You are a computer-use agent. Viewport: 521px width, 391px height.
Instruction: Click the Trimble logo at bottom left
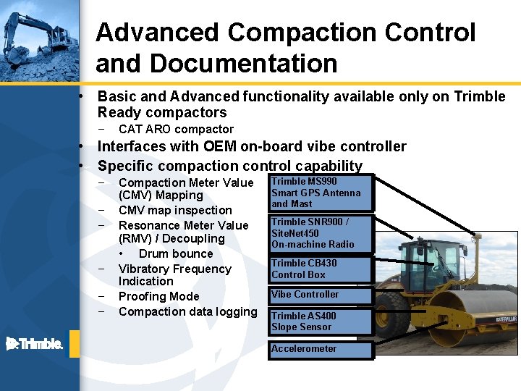tap(34, 343)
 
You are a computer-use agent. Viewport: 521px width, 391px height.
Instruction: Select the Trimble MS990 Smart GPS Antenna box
tap(321, 193)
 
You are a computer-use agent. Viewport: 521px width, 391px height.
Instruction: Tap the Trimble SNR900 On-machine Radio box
tap(321, 233)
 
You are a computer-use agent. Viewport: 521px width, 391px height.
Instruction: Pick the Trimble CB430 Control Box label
tap(321, 269)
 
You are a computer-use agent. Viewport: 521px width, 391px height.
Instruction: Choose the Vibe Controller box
tap(321, 295)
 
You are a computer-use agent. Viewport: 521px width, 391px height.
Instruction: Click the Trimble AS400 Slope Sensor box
tap(321, 321)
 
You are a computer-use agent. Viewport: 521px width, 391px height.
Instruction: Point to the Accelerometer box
tap(321, 349)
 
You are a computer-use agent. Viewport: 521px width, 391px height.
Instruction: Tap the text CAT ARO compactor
tap(176, 129)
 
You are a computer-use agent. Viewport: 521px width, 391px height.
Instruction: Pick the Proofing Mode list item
tap(158, 296)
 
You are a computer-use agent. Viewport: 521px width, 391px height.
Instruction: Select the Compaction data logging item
tap(187, 311)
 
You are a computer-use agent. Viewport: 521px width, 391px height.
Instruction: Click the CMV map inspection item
tap(175, 210)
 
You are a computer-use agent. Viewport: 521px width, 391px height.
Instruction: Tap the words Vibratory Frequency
tap(174, 269)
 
